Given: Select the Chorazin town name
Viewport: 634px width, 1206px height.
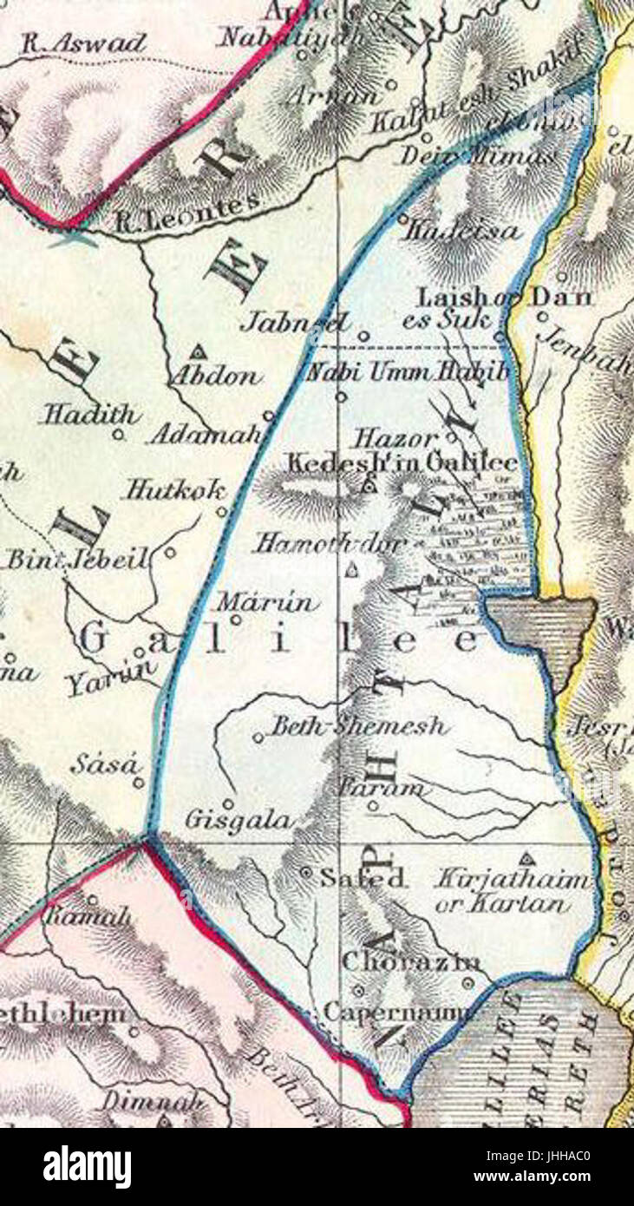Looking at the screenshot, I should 411,961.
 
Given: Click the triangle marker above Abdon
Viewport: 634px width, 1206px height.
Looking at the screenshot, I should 199,352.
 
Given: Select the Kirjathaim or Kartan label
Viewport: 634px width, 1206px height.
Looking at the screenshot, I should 512,890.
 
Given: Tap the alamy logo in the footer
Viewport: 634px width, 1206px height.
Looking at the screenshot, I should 87,1167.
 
